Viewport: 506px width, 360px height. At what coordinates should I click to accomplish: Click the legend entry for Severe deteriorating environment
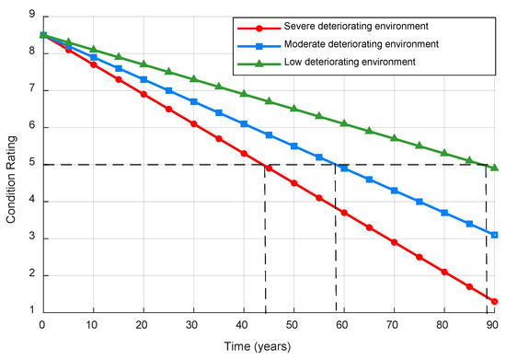click(356, 26)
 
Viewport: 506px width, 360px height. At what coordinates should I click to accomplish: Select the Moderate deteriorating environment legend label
click(362, 44)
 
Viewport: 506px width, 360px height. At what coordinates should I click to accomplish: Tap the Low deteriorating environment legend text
click(350, 62)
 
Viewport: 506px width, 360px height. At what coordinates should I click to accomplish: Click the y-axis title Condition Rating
click(11, 180)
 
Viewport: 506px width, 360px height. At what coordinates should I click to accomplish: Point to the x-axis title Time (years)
click(258, 347)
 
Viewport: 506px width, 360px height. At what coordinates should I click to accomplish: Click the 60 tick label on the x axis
click(342, 325)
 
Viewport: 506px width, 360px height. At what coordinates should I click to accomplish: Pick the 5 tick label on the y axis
click(32, 162)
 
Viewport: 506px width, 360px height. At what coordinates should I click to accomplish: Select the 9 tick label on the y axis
click(32, 15)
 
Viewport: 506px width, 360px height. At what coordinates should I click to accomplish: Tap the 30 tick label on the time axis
click(191, 325)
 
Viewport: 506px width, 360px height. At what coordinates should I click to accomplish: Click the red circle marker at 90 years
click(494, 302)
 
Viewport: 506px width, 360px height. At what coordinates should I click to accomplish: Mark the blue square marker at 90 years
click(494, 235)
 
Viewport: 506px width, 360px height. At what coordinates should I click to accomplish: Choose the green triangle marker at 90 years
click(495, 168)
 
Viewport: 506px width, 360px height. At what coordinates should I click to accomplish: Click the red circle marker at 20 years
click(144, 94)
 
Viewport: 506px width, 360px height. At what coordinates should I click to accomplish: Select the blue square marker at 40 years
click(244, 124)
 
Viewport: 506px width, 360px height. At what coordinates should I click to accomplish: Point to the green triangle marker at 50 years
click(294, 108)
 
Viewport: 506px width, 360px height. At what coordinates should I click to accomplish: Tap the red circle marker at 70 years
click(394, 242)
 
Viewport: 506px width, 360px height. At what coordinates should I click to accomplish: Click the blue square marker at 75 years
click(420, 202)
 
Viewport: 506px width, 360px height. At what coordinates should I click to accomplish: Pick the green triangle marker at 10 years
click(94, 49)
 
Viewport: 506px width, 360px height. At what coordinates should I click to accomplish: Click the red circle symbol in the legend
click(259, 29)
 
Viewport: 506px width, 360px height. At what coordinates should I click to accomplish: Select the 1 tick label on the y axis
click(32, 310)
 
